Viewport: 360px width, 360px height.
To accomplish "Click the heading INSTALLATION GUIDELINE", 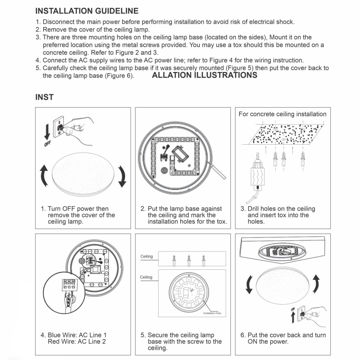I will (87, 11).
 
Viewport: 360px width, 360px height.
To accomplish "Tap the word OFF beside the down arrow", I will (47, 144).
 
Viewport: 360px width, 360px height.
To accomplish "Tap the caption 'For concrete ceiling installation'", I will (282, 114).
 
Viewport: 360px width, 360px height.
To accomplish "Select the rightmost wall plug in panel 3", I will (303, 159).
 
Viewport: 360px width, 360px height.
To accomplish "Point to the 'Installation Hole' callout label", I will (212, 313).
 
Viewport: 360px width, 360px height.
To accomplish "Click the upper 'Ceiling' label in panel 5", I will (146, 256).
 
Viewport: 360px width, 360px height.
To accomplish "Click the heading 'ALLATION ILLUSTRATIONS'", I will (204, 75).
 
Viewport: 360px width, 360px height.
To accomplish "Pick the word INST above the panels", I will (44, 97).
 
